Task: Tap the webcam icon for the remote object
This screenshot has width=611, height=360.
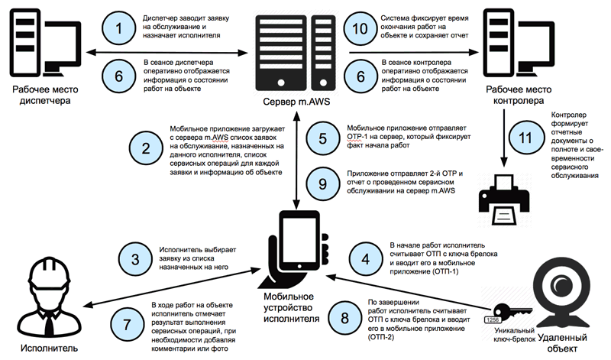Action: (561, 294)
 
